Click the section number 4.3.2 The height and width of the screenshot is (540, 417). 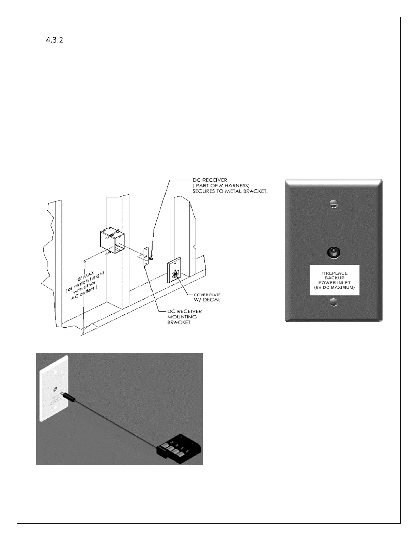click(55, 40)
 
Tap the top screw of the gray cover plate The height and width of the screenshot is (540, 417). click(334, 204)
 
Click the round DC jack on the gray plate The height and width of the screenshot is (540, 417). click(334, 253)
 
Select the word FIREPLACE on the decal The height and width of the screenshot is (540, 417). click(334, 273)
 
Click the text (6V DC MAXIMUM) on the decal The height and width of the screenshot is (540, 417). click(334, 288)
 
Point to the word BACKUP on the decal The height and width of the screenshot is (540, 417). click(334, 278)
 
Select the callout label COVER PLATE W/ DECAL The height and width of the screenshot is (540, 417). click(207, 297)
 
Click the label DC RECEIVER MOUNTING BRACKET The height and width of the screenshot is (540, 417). click(184, 317)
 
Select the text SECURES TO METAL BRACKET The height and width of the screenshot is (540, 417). click(230, 191)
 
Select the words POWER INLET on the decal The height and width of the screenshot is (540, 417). click(334, 283)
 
